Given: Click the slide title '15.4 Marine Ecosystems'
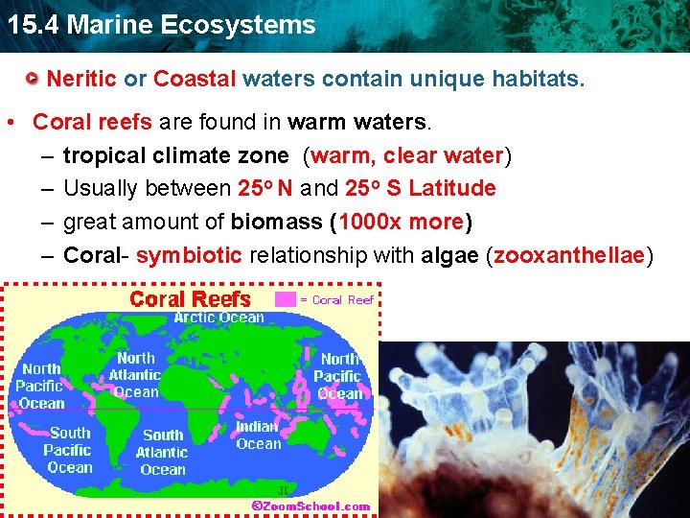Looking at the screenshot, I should tap(160, 25).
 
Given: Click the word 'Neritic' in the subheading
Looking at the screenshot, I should tap(81, 79).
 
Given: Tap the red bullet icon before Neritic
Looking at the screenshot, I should tap(33, 79).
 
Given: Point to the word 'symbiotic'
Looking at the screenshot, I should tap(189, 255).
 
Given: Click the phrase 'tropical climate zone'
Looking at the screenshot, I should tap(175, 155).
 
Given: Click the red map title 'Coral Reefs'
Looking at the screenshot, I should tap(190, 299).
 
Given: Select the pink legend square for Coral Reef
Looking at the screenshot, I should tap(286, 299).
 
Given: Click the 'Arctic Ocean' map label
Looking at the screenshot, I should tap(218, 318).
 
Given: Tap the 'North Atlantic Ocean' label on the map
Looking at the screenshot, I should tap(135, 374).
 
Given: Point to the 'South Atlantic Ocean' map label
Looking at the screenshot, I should tap(162, 452).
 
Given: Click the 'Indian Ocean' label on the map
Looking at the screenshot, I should tap(258, 435).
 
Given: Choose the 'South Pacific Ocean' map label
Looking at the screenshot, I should tap(69, 450).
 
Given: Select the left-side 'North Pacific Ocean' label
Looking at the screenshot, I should tap(40, 386).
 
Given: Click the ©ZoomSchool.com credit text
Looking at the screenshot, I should tap(310, 506).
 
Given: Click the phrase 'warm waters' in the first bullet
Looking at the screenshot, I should tap(358, 123).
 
